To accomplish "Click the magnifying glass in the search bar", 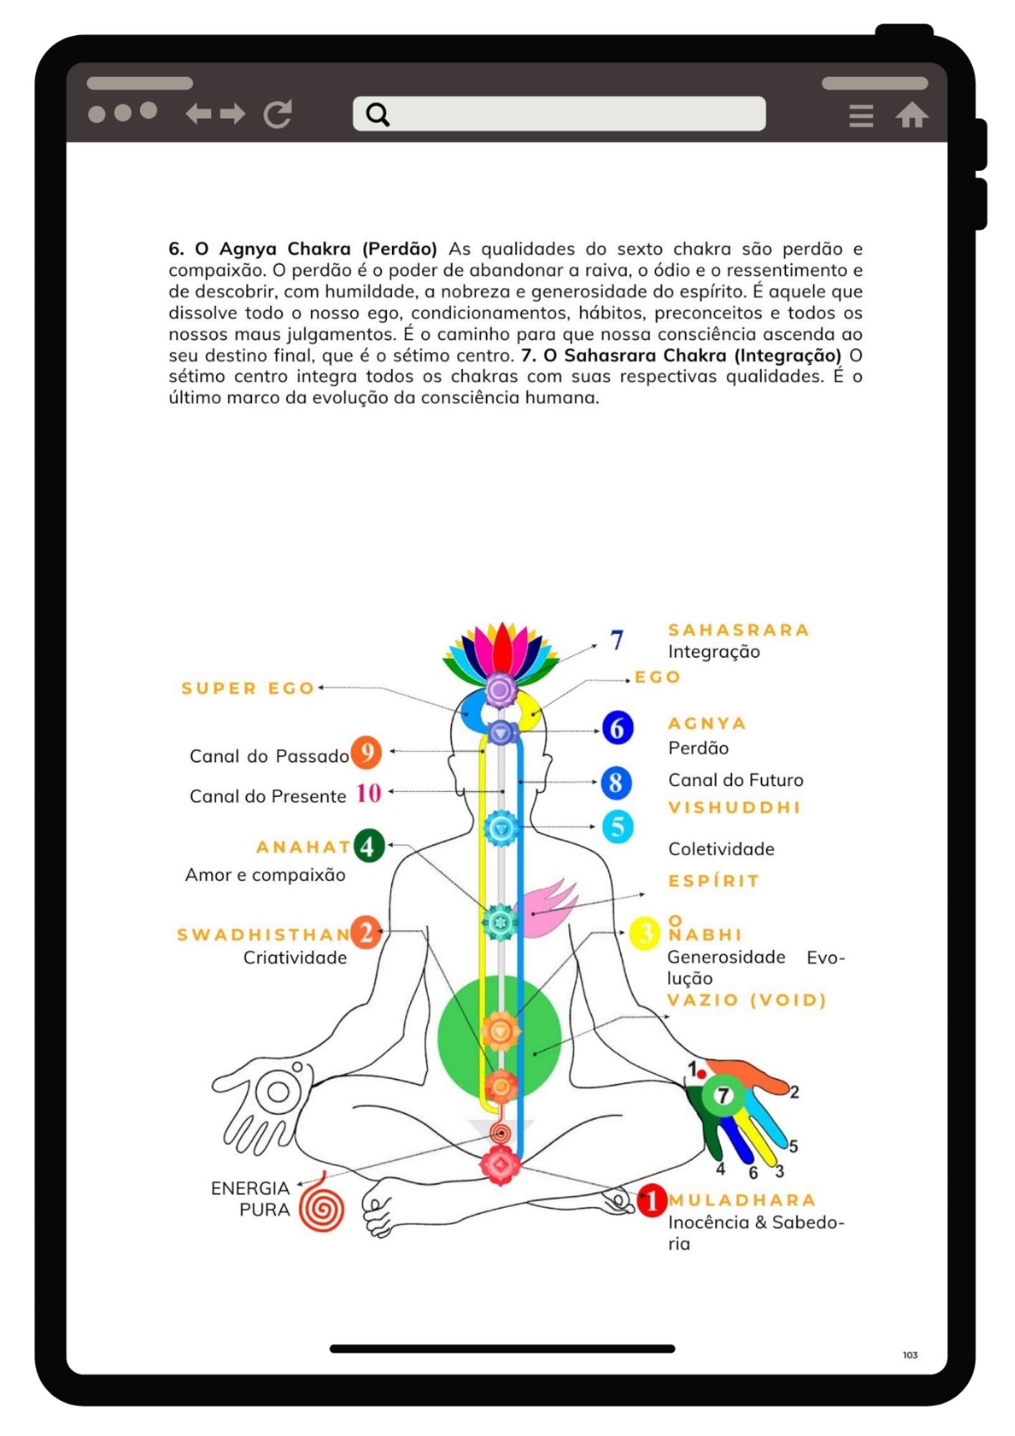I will (378, 114).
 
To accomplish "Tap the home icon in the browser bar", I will (911, 115).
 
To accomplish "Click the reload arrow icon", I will (278, 113).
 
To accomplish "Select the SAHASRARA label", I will (739, 630).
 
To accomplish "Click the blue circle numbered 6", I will (617, 728).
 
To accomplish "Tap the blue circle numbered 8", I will (616, 783).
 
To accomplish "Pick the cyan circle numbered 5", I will (617, 826).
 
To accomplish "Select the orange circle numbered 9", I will (366, 752).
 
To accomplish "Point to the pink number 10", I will (369, 793).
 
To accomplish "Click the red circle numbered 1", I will (652, 1200).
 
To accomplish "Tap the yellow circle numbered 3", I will (645, 933).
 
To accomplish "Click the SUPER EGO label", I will (248, 689).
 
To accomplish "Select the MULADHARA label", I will (742, 1200).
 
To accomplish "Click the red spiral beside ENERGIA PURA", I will (322, 1208).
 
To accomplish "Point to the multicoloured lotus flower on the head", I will (502, 651).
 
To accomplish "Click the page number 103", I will (910, 1355).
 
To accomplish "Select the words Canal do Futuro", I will (736, 780).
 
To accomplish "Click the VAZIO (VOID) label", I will (747, 1000).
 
